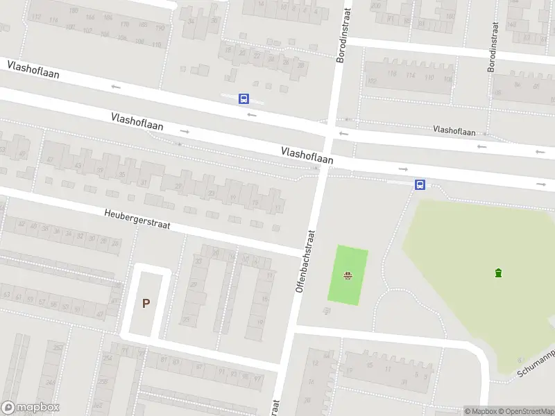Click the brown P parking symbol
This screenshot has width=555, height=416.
coord(146,303)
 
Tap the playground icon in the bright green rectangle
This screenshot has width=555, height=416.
coord(348,276)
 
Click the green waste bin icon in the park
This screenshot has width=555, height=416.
coord(498,272)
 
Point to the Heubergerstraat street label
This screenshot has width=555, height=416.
coord(137,221)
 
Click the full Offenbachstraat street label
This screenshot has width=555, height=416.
coord(305,261)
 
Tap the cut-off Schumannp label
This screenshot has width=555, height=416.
coord(536,364)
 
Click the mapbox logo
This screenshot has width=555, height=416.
coord(30,408)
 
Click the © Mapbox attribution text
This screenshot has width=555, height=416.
coord(481,411)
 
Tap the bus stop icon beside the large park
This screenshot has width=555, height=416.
coord(420,184)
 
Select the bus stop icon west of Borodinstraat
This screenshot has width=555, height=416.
coord(244,99)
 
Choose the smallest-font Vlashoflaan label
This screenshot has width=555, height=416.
coord(454,130)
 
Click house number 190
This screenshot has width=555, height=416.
coord(160,28)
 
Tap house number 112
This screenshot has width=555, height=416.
coord(36,17)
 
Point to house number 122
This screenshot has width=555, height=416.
coord(372,81)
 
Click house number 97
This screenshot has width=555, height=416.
coord(257,379)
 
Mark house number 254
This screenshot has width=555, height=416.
coord(108,358)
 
